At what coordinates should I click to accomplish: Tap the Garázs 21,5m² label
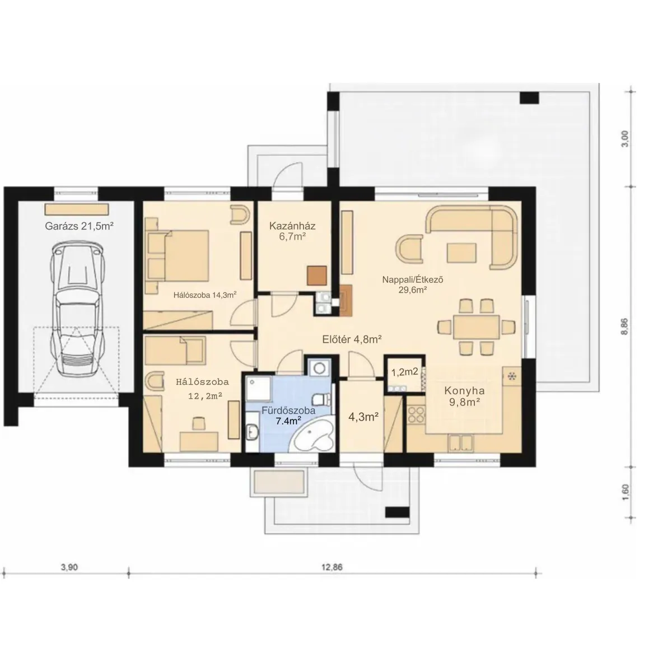pos(80,226)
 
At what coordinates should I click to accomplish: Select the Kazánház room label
pos(292,226)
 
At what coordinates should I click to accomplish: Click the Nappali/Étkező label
pos(413,279)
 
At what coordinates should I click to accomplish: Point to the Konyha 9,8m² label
pos(464,396)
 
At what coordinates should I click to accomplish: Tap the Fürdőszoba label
pos(288,410)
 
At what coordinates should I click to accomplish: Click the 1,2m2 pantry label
pos(404,372)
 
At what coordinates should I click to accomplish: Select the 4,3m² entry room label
pos(363,417)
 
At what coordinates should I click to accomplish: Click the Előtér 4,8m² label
pos(352,339)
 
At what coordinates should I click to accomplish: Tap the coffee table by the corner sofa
pos(461,253)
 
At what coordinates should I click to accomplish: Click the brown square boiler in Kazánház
pos(317,276)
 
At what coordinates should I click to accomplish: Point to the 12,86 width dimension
pos(332,567)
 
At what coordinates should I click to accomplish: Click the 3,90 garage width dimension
pos(69,567)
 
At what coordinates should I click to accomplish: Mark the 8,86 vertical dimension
pos(624,326)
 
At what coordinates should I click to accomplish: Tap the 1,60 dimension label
pos(624,492)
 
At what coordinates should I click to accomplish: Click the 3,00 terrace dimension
pos(624,138)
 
